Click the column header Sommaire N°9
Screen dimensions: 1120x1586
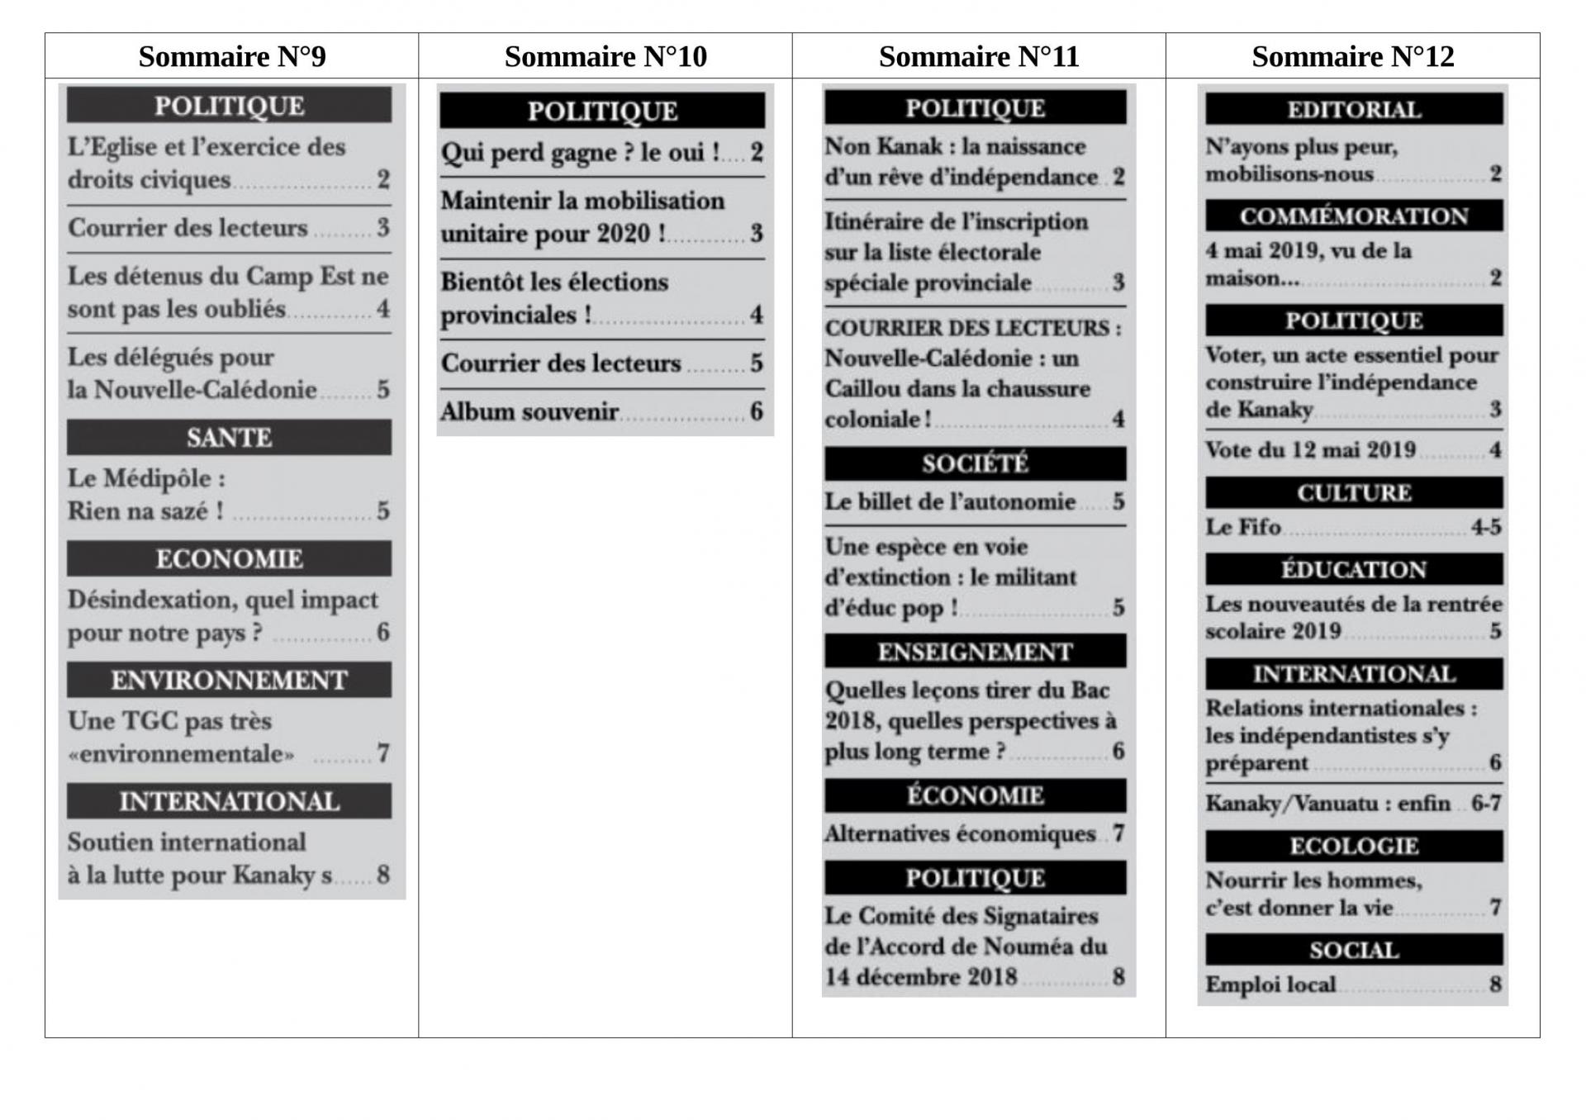tap(232, 56)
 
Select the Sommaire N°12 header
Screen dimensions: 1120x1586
tap(1352, 56)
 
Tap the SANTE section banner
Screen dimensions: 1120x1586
tap(229, 438)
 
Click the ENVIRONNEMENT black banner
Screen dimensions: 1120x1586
tap(229, 680)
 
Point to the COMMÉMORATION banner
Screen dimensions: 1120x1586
tap(1353, 216)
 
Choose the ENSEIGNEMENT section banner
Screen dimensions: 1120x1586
tap(975, 652)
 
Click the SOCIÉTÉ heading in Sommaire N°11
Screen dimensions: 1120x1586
tap(975, 463)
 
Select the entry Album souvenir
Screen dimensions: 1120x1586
tap(529, 411)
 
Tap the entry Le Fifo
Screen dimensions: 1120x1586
tap(1243, 527)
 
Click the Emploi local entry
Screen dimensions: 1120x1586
tap(1270, 985)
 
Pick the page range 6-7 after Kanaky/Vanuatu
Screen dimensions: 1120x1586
tap(1485, 803)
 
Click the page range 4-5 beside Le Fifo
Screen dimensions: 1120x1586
tap(1485, 527)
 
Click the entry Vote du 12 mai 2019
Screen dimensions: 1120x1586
tap(1310, 450)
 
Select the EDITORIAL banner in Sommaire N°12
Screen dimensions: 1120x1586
tap(1353, 109)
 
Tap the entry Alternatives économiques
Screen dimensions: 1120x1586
tap(960, 834)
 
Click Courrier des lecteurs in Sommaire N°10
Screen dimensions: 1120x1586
tap(561, 363)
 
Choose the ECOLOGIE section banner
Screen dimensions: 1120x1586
tap(1353, 846)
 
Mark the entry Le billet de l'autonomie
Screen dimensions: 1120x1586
tap(950, 502)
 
